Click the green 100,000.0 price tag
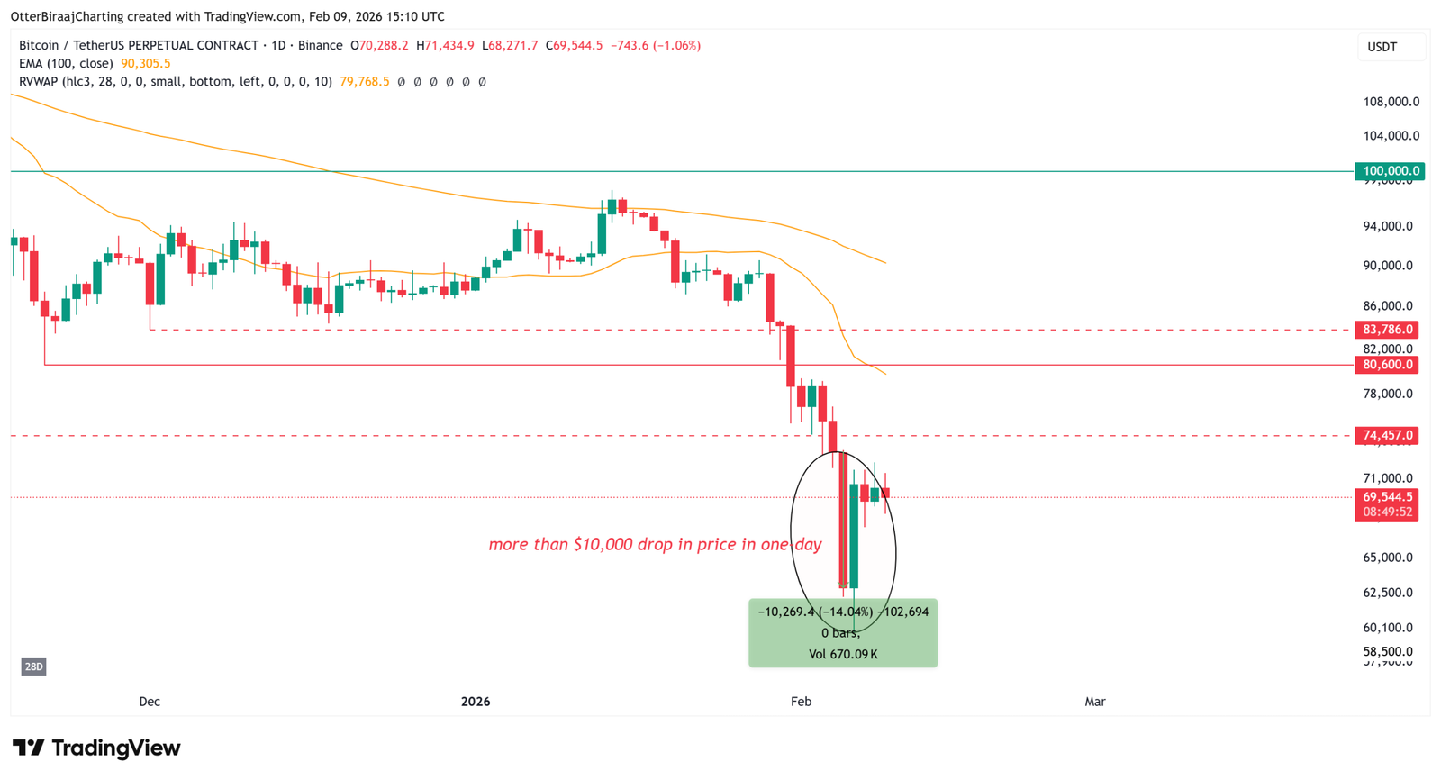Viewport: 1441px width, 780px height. pyautogui.click(x=1390, y=171)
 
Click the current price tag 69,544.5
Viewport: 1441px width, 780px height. pyautogui.click(x=1387, y=497)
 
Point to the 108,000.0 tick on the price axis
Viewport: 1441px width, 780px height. pyautogui.click(x=1391, y=102)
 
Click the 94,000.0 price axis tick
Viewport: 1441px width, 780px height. pyautogui.click(x=1388, y=226)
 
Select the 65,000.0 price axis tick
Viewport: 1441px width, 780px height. pyautogui.click(x=1388, y=558)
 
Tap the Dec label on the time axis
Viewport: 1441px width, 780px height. pyautogui.click(x=150, y=702)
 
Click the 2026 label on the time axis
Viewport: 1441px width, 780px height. pyautogui.click(x=476, y=702)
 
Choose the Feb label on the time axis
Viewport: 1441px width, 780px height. pyautogui.click(x=801, y=702)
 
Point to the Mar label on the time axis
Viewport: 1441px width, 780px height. pyautogui.click(x=1094, y=702)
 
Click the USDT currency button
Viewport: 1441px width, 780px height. pyautogui.click(x=1382, y=47)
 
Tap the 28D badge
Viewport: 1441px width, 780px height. pyautogui.click(x=33, y=667)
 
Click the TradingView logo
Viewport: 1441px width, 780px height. pyautogui.click(x=96, y=748)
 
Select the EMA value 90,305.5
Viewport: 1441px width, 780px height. pyautogui.click(x=146, y=63)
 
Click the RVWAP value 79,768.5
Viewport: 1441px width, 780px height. pyautogui.click(x=365, y=81)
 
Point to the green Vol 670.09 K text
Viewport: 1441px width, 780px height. pyautogui.click(x=843, y=654)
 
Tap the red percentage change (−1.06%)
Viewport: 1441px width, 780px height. pyautogui.click(x=676, y=45)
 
